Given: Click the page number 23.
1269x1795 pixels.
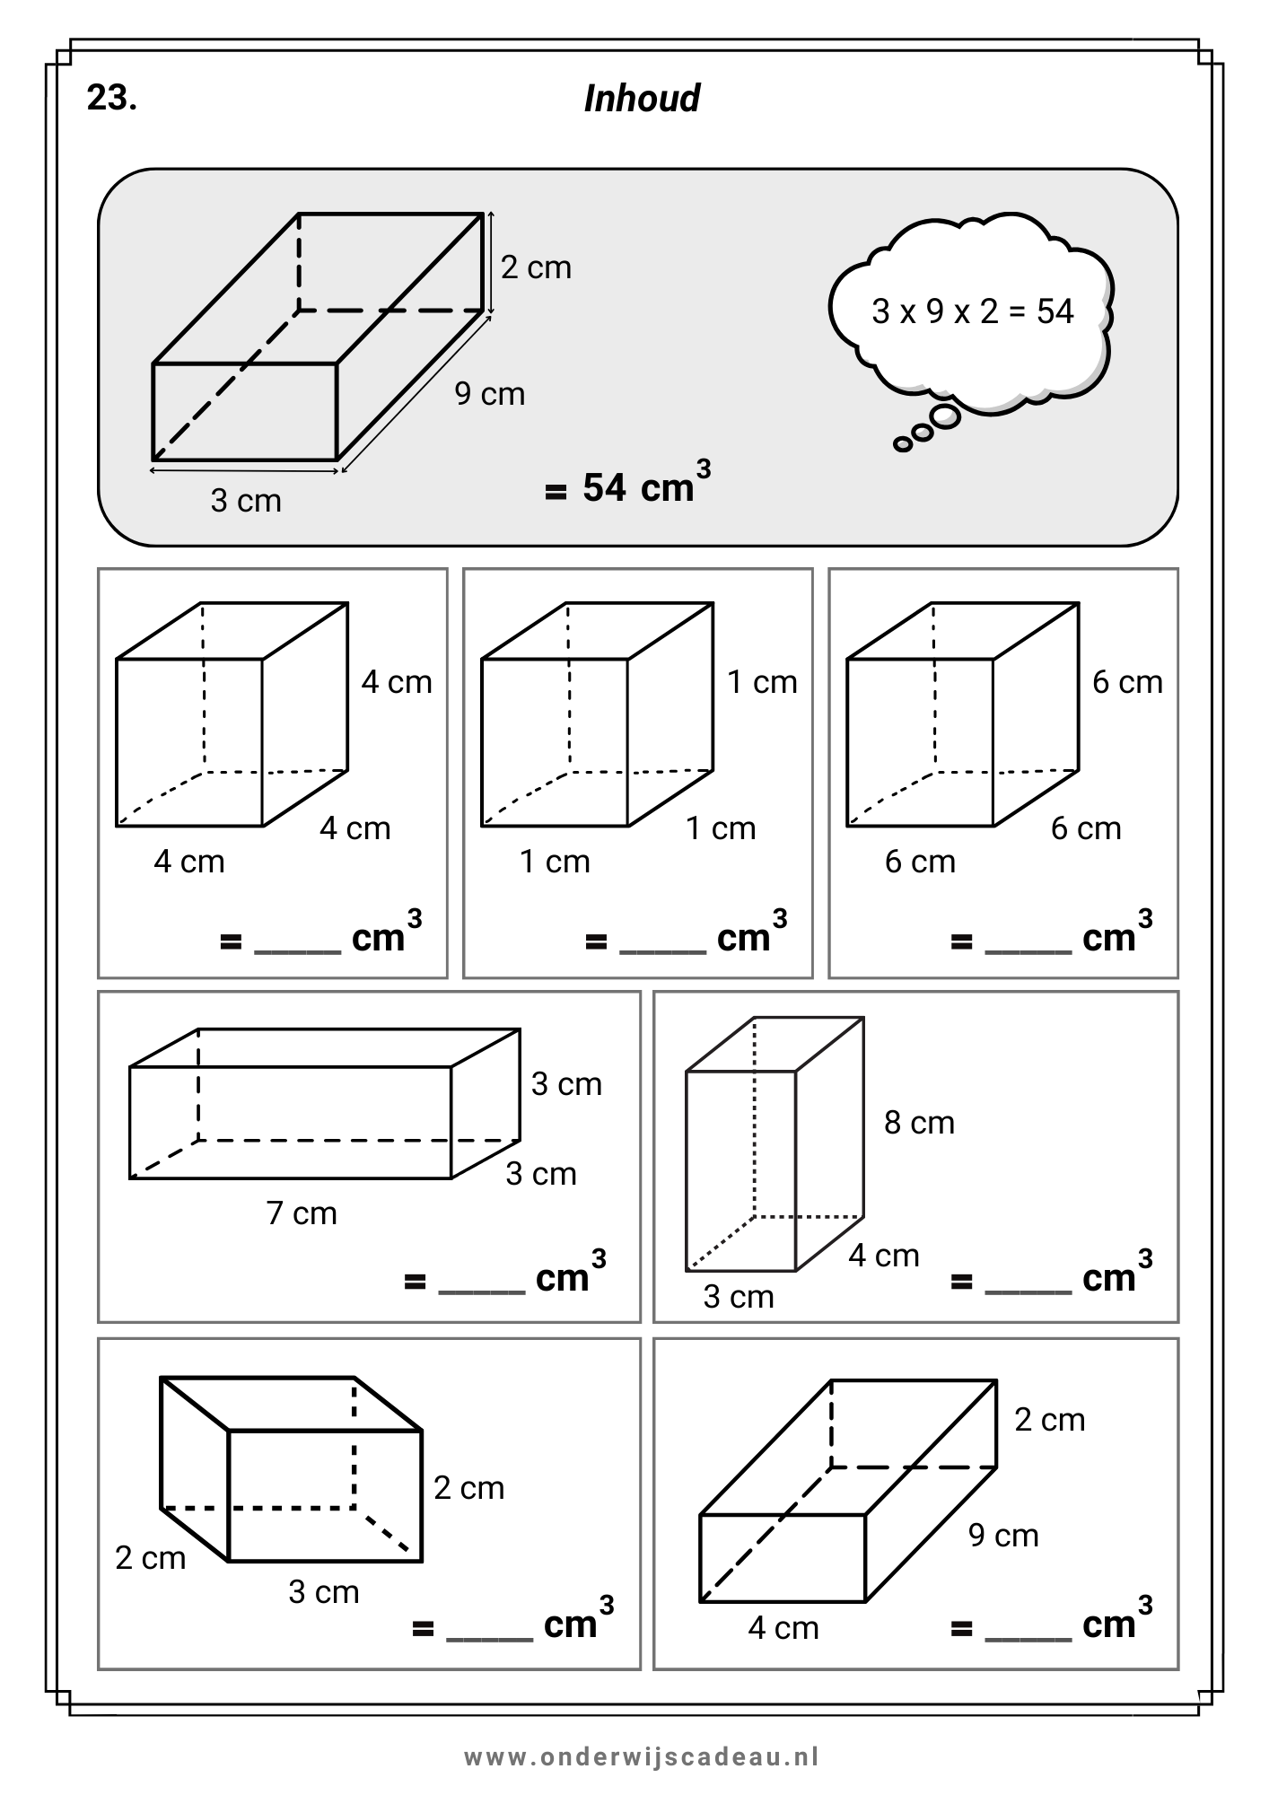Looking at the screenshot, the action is pyautogui.click(x=112, y=98).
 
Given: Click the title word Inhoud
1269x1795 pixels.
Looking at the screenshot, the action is pyautogui.click(x=642, y=99).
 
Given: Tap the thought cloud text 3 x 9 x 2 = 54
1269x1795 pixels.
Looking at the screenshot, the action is pyautogui.click(x=973, y=311).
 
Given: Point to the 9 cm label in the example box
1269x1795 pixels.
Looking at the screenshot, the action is pyautogui.click(x=489, y=394).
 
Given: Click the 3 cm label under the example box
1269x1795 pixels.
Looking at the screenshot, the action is pyautogui.click(x=246, y=500).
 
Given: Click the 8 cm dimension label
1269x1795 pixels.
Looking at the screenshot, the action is pyautogui.click(x=919, y=1123).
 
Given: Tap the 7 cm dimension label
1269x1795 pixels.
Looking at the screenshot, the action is pyautogui.click(x=302, y=1213).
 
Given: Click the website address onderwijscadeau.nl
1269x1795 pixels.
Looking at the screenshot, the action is pyautogui.click(x=641, y=1756).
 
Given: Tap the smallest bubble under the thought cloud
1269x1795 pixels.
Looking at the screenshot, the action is pyautogui.click(x=903, y=443).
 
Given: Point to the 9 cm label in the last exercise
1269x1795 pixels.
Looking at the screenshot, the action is pyautogui.click(x=1003, y=1536).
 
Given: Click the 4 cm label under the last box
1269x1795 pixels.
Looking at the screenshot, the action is pyautogui.click(x=783, y=1628).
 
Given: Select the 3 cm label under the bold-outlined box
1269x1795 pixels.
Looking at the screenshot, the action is pyautogui.click(x=323, y=1592).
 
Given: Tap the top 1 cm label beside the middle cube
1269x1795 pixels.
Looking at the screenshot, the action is pyautogui.click(x=762, y=682).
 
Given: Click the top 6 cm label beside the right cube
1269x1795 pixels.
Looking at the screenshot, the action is pyautogui.click(x=1127, y=682).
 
